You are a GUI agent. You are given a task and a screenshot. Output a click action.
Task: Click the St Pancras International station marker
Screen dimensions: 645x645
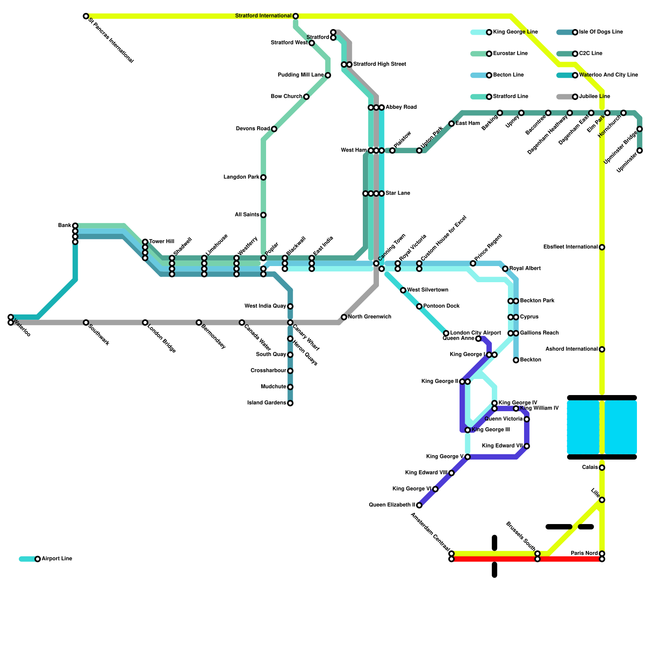pyautogui.click(x=86, y=16)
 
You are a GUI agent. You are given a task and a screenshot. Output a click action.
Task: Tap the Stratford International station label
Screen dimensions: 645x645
pyautogui.click(x=263, y=16)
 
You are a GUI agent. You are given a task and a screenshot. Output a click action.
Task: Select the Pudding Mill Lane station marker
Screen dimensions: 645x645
pyautogui.click(x=328, y=75)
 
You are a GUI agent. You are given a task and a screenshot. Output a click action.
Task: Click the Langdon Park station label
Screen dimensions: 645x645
pyautogui.click(x=241, y=177)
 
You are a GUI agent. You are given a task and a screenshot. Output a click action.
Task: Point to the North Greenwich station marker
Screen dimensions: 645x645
pyautogui.click(x=344, y=317)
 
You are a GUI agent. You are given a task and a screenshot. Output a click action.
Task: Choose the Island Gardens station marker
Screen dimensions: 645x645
pyautogui.click(x=290, y=403)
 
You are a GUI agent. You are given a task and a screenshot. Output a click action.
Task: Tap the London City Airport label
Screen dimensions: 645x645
pyautogui.click(x=475, y=333)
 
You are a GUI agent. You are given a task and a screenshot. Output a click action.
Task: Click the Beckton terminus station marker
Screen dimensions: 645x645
pyautogui.click(x=516, y=360)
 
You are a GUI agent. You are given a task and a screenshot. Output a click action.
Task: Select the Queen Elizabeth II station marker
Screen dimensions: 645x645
pyautogui.click(x=419, y=505)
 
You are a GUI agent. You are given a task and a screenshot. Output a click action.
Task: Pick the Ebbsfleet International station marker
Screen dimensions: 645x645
pyautogui.click(x=602, y=247)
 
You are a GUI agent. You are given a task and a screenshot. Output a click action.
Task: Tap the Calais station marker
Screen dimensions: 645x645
pyautogui.click(x=602, y=468)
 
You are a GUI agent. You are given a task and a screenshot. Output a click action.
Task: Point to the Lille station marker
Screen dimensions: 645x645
pyautogui.click(x=602, y=500)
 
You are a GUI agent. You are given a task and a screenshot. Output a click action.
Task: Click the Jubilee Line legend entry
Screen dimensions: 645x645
pyautogui.click(x=594, y=97)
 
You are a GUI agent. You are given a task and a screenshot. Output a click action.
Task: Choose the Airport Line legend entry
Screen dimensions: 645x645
pyautogui.click(x=56, y=559)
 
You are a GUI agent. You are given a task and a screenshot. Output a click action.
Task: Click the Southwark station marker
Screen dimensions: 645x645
pyautogui.click(x=86, y=322)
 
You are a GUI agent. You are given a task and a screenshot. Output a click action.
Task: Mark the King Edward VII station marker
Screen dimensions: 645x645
pyautogui.click(x=526, y=446)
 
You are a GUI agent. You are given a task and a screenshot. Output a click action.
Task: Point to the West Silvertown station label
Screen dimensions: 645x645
pyautogui.click(x=427, y=290)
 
